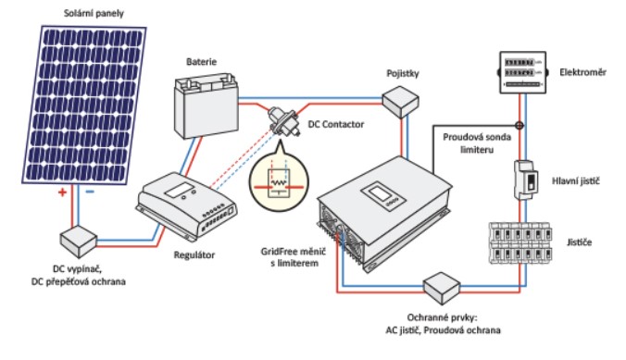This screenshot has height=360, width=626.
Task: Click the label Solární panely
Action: pos(94,14)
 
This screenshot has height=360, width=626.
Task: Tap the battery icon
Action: pos(206,106)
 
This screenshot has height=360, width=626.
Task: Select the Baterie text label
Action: pos(201,62)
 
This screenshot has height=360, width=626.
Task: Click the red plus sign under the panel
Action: pos(62,192)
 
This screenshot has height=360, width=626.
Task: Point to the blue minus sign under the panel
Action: pos(90,192)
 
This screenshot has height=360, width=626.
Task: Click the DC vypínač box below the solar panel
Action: pos(78,242)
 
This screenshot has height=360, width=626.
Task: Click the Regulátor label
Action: pos(194,255)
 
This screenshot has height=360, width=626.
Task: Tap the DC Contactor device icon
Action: pos(283,119)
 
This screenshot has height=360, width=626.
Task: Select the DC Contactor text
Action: pos(336,125)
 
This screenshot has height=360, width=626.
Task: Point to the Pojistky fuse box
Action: pos(400,102)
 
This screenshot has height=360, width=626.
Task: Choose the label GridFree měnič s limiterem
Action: pos(294,257)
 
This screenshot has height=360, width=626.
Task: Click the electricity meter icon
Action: pos(522,72)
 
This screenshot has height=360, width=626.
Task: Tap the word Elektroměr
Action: pos(582,72)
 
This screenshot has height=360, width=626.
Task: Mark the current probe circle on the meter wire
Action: pos(520,126)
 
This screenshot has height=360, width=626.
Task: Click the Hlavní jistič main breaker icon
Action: pos(526,180)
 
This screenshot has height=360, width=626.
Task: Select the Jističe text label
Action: pos(580,242)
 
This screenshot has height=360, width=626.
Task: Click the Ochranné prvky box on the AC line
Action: pos(442,288)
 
